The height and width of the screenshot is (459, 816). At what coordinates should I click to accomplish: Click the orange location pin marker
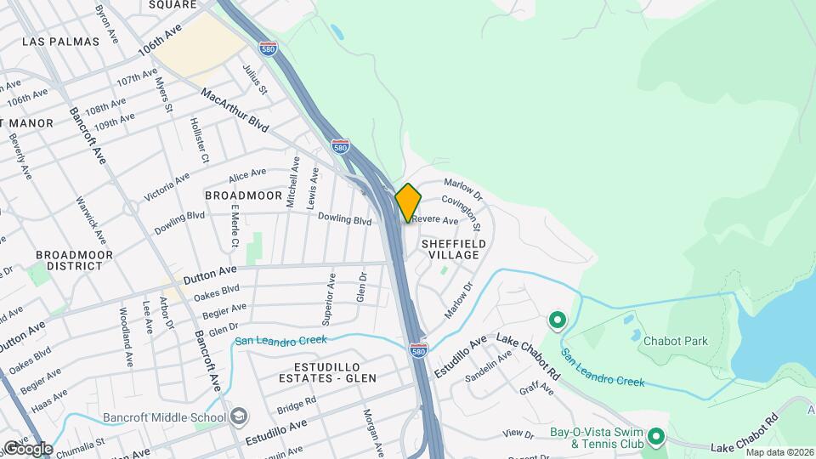[x=408, y=202]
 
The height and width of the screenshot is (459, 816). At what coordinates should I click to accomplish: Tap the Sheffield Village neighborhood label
[x=455, y=249]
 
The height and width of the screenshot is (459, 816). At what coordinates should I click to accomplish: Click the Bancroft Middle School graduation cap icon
[x=240, y=416]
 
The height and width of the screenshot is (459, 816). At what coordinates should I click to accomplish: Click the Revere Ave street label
[x=437, y=220]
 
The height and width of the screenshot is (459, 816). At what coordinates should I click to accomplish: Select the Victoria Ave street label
[x=167, y=187]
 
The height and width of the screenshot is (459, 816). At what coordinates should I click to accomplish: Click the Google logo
[x=28, y=449]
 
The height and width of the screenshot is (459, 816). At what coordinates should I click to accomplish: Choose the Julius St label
[x=255, y=79]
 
